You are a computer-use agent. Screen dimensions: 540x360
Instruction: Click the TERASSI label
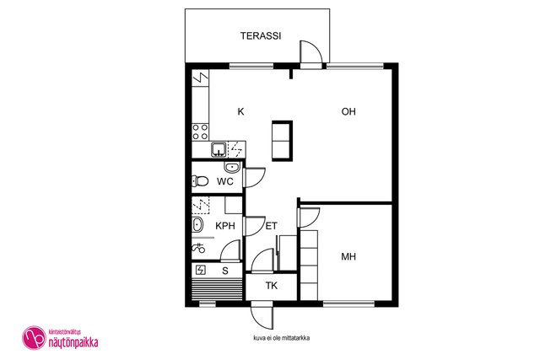261,35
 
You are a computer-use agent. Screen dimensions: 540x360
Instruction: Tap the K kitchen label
241,111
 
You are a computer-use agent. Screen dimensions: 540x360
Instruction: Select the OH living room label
348,111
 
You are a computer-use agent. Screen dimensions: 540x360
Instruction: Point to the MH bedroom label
348,256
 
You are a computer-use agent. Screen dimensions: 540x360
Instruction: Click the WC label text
225,181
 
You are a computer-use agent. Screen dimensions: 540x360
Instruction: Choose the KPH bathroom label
225,226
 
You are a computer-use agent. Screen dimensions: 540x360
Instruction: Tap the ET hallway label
272,226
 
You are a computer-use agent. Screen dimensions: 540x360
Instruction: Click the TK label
272,285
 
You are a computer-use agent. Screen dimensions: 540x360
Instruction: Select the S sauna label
225,271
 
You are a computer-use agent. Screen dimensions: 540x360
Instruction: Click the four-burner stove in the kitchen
200,132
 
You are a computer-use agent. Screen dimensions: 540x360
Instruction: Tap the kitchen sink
219,149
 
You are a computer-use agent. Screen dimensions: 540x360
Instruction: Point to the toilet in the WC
200,181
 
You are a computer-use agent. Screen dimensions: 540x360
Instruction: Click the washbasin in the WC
232,167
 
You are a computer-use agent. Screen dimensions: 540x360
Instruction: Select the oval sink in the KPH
197,225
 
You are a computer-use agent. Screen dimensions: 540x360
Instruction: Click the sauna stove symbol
201,270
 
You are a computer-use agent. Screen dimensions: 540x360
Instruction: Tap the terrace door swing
311,52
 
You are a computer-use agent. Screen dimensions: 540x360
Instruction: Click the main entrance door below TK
262,316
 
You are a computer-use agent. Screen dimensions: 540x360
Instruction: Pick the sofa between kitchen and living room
282,141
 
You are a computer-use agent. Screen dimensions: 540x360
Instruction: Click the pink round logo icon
34,337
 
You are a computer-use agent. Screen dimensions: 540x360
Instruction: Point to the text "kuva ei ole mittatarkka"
281,338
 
